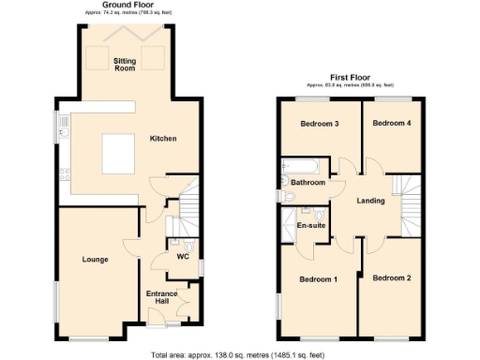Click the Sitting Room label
125,64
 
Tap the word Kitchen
163,139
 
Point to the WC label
183,257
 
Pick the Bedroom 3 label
319,124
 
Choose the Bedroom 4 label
392,123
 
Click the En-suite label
310,226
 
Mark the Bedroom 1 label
318,279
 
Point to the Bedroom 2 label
392,278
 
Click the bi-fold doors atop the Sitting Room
137,31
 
